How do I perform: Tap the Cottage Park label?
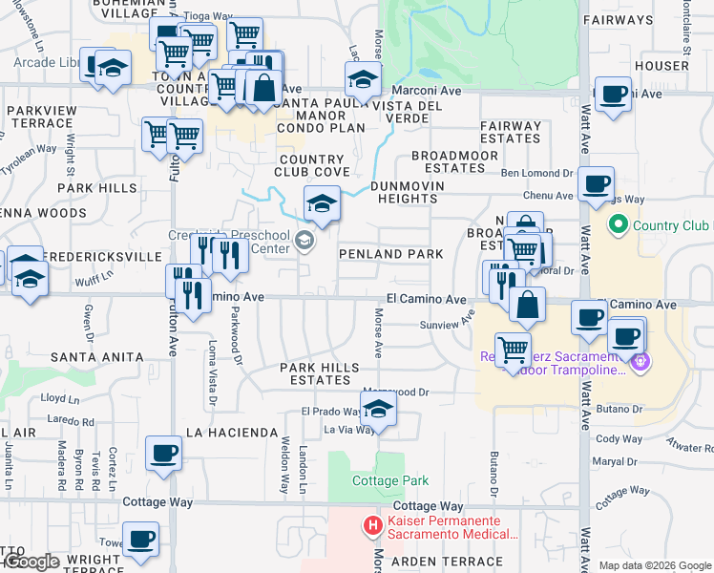point(390,481)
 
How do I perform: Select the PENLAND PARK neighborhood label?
point(391,254)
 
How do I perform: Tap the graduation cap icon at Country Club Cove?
point(322,202)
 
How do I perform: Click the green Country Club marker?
point(617,225)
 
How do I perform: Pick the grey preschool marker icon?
point(304,240)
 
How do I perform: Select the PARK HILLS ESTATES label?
point(319,373)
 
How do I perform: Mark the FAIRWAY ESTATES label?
point(511,132)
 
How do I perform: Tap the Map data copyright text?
point(654,565)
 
